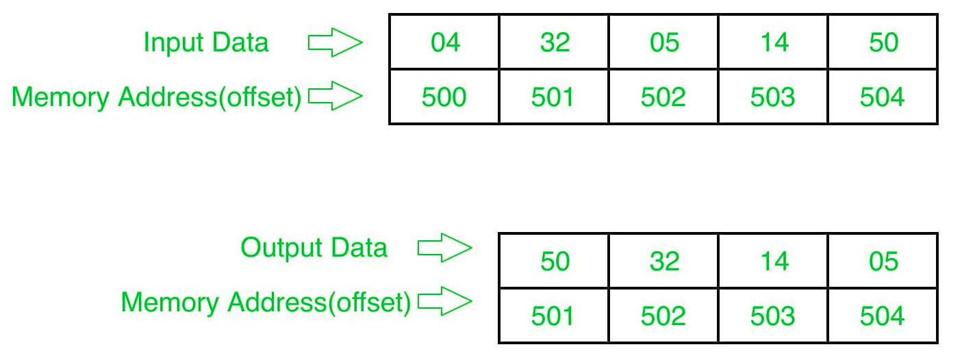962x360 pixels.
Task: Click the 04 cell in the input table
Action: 444,42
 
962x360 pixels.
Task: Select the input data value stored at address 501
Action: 554,42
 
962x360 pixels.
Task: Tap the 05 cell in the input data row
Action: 663,42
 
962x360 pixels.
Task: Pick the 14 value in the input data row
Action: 773,42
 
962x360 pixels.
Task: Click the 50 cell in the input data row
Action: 883,42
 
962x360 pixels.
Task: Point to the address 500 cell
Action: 444,97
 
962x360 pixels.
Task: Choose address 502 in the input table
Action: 663,97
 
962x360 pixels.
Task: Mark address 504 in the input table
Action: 883,97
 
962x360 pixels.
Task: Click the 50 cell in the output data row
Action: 554,261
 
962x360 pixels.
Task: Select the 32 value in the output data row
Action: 663,261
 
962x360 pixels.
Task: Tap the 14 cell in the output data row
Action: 773,261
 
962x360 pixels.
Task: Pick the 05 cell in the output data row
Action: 883,261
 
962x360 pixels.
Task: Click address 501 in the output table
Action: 554,316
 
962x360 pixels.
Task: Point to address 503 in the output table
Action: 773,316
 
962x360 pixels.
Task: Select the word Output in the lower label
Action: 281,248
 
